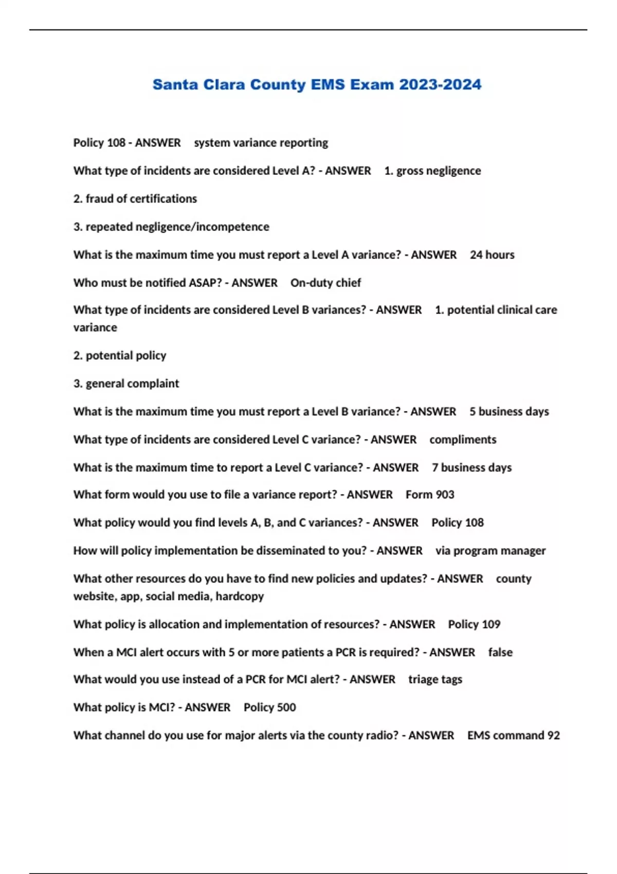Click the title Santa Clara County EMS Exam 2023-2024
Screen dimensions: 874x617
coord(317,85)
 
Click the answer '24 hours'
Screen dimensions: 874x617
coord(492,255)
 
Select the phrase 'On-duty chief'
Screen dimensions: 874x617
coord(325,283)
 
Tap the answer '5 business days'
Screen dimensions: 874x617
coord(509,412)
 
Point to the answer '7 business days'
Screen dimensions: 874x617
coord(471,468)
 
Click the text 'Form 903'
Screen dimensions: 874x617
coord(430,495)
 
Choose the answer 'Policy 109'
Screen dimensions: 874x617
coord(474,624)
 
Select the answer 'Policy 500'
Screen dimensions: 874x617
coord(269,707)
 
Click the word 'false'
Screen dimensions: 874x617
coord(500,652)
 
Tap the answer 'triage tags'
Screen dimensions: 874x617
coord(435,680)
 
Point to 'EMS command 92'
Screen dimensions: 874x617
coord(513,736)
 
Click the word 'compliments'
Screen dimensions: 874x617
coord(463,440)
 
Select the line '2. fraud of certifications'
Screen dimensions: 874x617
coord(135,199)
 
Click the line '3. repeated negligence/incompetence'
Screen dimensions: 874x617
coord(171,227)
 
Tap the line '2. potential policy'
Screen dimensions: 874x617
coord(120,356)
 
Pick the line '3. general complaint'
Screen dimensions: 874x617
coord(126,384)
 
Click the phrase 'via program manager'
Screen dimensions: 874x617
coord(491,551)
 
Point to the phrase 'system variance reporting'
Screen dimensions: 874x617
coord(261,143)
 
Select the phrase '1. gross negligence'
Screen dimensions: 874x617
coord(432,171)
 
